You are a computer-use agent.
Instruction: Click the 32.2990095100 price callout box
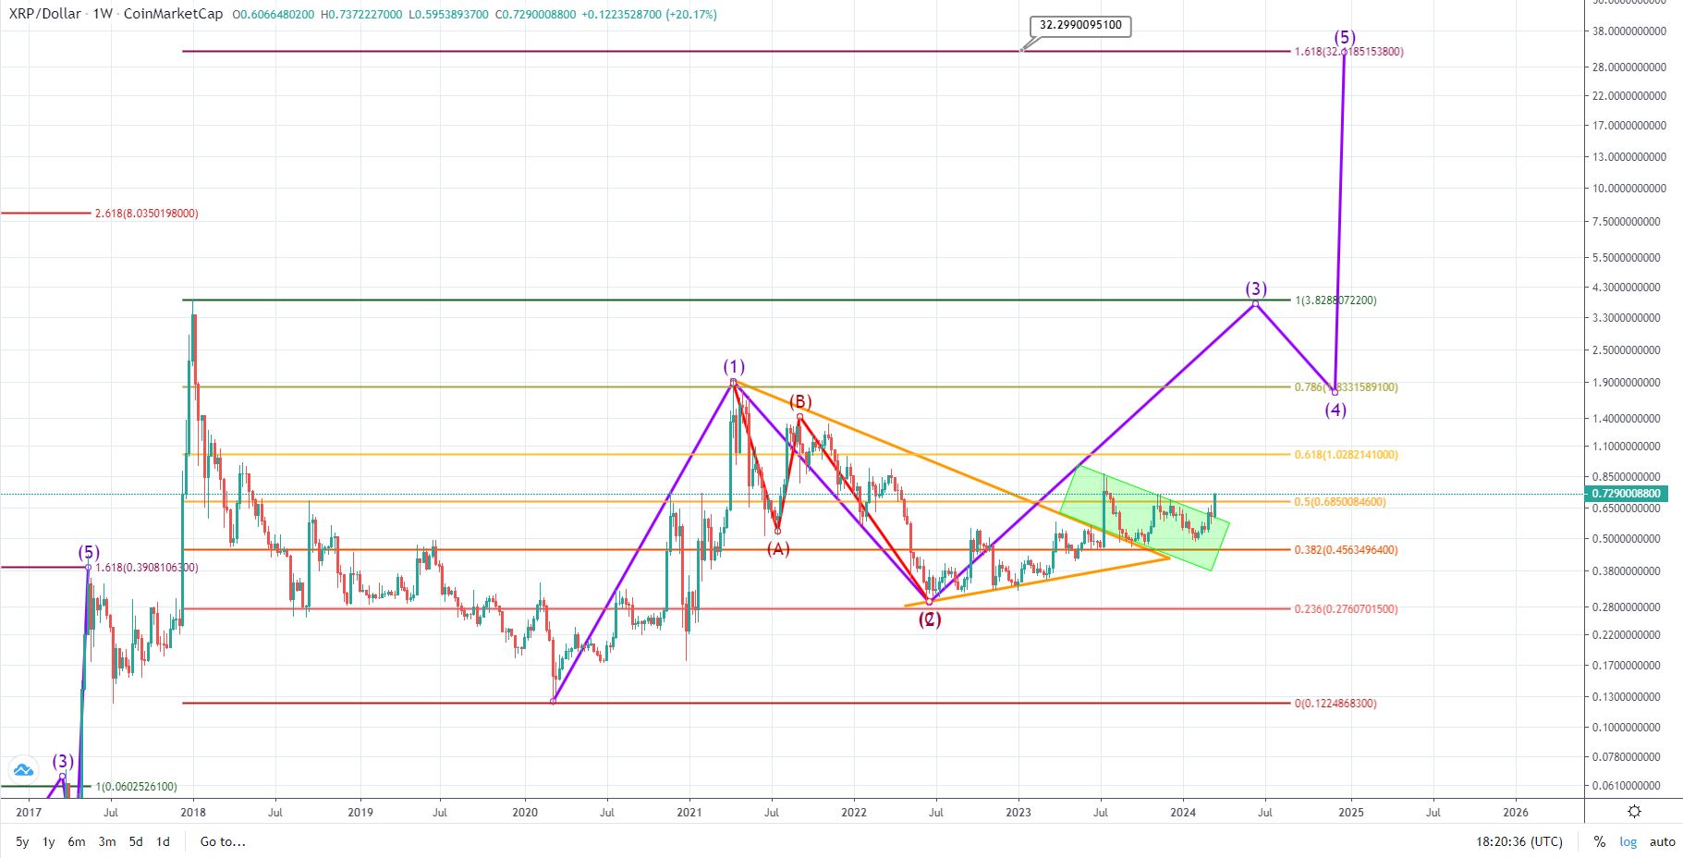pos(1080,25)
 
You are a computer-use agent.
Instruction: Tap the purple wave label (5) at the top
pos(1345,38)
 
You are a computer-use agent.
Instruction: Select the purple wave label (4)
pos(1335,410)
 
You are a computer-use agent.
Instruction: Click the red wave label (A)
pos(778,548)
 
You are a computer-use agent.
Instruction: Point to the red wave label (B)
pos(800,401)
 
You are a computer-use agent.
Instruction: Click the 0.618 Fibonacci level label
pos(1346,455)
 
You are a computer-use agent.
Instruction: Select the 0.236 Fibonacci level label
pos(1346,609)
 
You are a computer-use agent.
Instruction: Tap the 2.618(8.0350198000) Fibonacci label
pos(146,214)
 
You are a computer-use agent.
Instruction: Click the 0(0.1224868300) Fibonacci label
pos(1335,704)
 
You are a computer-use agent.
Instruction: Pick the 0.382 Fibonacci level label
pos(1346,550)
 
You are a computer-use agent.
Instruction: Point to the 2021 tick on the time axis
pos(689,813)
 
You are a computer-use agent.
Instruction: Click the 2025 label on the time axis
pos(1351,813)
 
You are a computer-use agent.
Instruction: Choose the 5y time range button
pos(22,841)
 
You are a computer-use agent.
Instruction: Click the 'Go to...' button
pos(223,841)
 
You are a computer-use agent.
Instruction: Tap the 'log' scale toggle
pos(1628,841)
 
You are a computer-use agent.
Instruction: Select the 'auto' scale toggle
pos(1662,841)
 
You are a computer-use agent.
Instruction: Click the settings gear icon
pos(1634,812)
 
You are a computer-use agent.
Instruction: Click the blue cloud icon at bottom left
pos(22,769)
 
